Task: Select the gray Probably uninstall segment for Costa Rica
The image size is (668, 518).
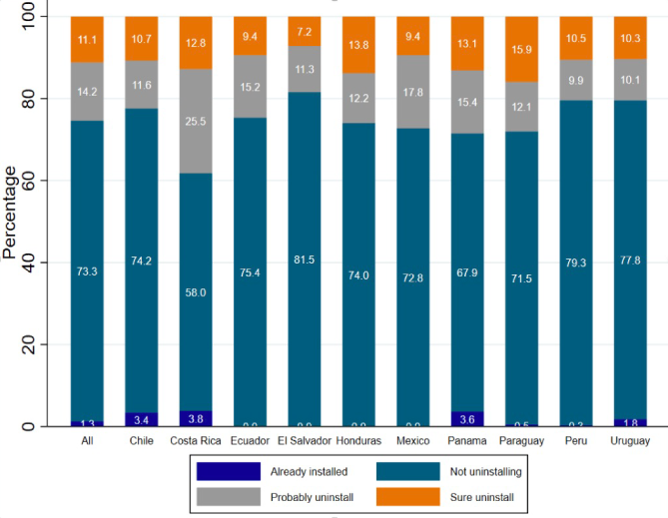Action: coord(196,120)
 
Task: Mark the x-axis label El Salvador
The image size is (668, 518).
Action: coord(305,440)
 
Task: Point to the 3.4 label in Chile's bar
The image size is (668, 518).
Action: coord(141,420)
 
